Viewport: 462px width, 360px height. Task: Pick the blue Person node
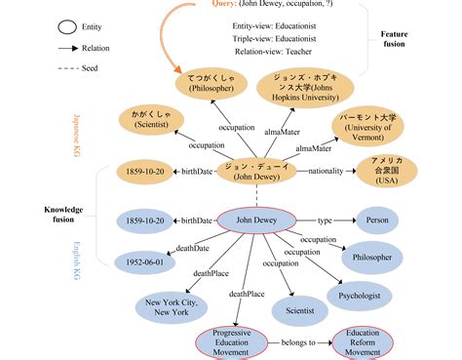(x=388, y=220)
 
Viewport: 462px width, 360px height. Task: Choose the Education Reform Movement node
(x=362, y=342)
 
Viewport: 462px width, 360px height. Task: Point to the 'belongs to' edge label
(x=297, y=342)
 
